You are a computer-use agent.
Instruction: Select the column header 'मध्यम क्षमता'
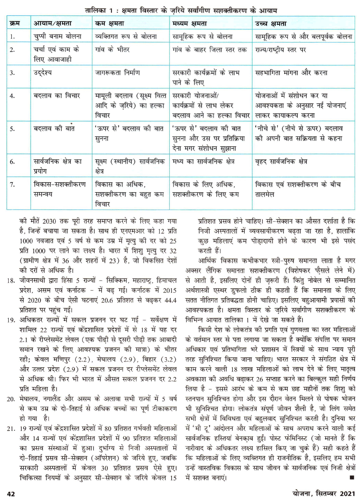[189, 24]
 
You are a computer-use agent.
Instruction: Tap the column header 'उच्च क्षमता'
[271, 24]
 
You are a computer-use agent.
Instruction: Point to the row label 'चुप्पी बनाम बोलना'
[58, 36]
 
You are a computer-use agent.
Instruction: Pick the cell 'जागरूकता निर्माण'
[117, 73]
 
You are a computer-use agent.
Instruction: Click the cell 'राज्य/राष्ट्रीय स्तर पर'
[280, 50]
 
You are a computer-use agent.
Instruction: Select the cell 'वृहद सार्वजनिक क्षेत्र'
[281, 162]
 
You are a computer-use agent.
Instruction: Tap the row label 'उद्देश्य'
[43, 73]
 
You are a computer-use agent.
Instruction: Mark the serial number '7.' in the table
[13, 185]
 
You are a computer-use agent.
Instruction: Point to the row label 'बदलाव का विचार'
[57, 96]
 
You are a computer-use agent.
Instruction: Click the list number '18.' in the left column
[11, 280]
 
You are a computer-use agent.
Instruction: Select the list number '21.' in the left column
[11, 429]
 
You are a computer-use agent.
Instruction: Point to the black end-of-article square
[351, 477]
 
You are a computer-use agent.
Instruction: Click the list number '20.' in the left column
[11, 399]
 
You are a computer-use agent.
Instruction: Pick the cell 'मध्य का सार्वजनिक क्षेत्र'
[203, 162]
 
